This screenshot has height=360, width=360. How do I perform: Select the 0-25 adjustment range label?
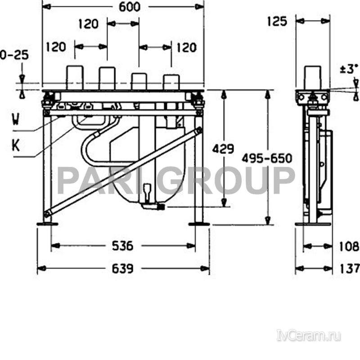(x=14, y=55)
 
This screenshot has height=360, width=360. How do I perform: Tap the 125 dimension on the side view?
(x=277, y=21)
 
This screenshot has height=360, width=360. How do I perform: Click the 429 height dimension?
(x=223, y=148)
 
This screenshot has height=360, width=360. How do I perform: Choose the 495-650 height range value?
(x=267, y=158)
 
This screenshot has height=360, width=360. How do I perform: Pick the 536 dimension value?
(x=123, y=246)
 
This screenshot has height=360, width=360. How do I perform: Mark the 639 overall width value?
(x=123, y=269)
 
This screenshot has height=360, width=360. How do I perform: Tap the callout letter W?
(x=16, y=120)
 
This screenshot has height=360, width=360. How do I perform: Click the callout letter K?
(x=16, y=145)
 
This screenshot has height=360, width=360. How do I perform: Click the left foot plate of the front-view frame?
(x=47, y=224)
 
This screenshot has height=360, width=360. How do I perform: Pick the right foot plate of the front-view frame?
(x=198, y=224)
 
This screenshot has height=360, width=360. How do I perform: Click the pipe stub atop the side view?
(x=313, y=77)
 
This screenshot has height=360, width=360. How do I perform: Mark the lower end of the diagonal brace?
(x=47, y=214)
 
